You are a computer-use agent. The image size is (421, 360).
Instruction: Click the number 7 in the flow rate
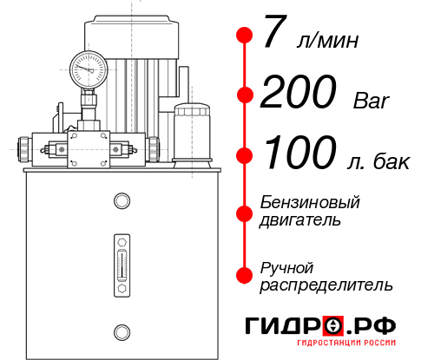[x=273, y=36]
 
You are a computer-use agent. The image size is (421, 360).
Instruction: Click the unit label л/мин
[x=327, y=41]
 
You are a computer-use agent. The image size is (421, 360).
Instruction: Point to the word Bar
[x=372, y=101]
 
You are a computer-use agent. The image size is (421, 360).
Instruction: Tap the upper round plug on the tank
[x=121, y=201]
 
